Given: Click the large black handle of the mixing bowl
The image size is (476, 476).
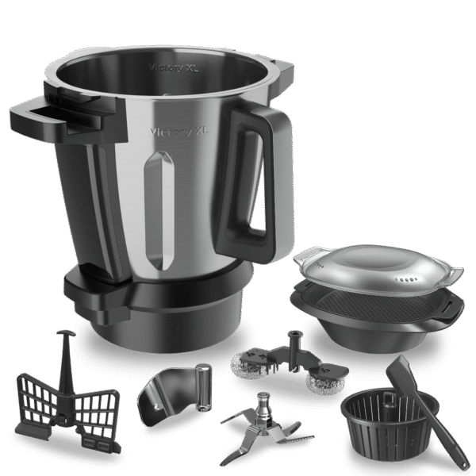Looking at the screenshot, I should coord(252,172).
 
